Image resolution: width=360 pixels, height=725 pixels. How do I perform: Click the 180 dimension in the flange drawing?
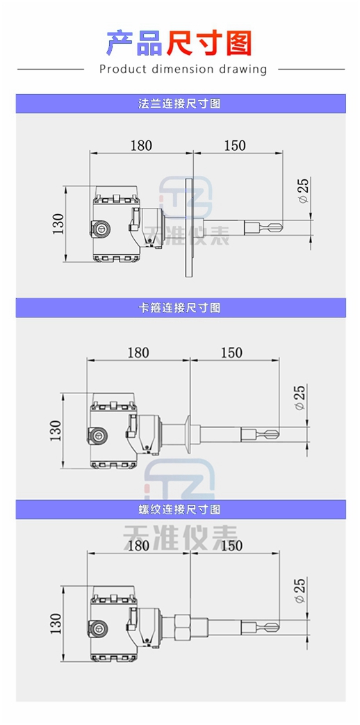(x=141, y=145)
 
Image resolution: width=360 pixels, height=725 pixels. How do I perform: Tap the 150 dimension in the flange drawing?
(x=235, y=145)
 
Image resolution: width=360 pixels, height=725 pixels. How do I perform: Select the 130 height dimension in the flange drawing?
(x=58, y=224)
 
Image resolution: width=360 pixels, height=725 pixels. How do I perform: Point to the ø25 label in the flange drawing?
(x=303, y=190)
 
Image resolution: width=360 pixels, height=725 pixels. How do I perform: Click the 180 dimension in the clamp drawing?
(x=138, y=353)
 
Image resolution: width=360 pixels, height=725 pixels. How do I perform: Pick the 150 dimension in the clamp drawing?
(x=231, y=353)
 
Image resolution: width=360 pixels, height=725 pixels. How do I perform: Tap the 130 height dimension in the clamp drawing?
(x=56, y=430)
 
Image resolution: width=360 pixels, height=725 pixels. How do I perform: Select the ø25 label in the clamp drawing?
(x=300, y=398)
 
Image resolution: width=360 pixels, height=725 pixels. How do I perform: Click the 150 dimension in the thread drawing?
(x=231, y=546)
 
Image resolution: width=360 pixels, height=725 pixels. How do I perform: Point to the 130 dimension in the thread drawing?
(x=56, y=624)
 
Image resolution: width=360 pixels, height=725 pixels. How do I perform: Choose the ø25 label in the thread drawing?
(x=300, y=590)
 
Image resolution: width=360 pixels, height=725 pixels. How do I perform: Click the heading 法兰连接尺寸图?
(x=180, y=104)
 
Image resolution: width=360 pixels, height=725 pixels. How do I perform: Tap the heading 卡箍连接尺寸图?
(x=180, y=307)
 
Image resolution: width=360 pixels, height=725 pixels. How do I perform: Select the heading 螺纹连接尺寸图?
(x=180, y=509)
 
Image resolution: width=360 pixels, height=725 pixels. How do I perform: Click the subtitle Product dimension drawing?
(x=183, y=70)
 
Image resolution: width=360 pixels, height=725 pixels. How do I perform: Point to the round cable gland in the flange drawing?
(x=100, y=228)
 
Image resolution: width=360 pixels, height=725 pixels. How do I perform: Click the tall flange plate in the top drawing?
(x=189, y=228)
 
